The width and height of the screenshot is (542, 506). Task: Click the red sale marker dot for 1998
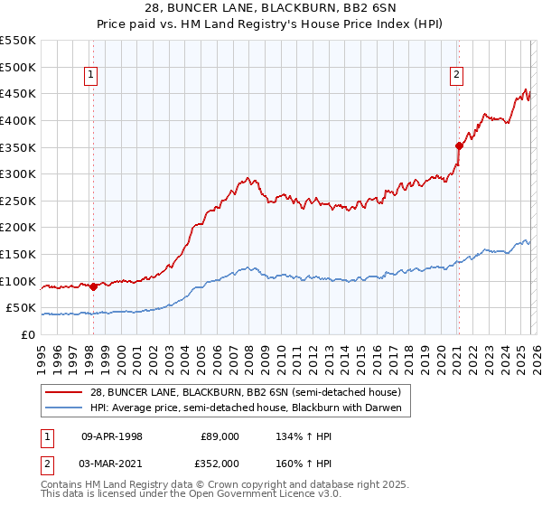click(x=93, y=286)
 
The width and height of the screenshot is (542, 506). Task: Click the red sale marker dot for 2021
click(x=459, y=145)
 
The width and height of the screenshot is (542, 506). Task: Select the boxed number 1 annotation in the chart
click(x=92, y=75)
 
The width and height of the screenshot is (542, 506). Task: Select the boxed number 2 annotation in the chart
click(x=457, y=75)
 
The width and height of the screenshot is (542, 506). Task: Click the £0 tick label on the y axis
click(x=28, y=334)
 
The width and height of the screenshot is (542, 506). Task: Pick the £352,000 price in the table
click(x=220, y=464)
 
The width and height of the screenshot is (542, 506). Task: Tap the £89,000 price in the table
click(x=220, y=436)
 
